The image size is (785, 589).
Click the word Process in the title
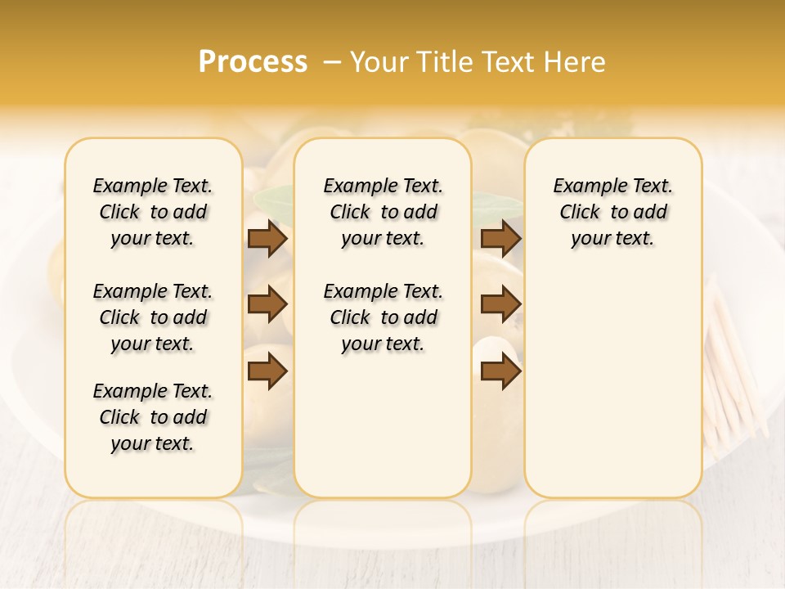[253, 62]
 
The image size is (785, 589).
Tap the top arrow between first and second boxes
[267, 238]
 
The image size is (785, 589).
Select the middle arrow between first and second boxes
[267, 304]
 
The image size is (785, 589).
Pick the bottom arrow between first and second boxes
[267, 371]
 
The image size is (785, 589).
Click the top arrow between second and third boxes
[500, 238]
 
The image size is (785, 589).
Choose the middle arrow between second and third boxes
[500, 304]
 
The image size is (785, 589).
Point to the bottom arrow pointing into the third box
[500, 371]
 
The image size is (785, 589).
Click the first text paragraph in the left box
[153, 212]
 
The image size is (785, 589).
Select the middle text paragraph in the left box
[153, 317]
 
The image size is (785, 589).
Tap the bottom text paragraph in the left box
[153, 417]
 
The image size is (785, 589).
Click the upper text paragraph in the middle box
[383, 212]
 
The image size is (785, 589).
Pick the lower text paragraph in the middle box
[383, 317]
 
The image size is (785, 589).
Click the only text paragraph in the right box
[613, 212]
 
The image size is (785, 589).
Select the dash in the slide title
[332, 62]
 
